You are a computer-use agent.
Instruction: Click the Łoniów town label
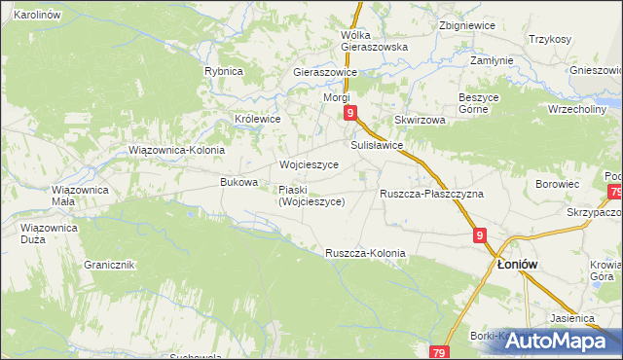point(519,264)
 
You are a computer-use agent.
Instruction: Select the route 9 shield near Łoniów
point(481,234)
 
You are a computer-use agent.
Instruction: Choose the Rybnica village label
point(223,71)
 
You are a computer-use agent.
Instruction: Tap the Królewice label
point(258,119)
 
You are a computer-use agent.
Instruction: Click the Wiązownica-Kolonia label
point(177,151)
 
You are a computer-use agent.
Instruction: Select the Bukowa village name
point(239,182)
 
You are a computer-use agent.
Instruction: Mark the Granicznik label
point(109,265)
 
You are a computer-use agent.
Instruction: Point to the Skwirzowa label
point(420,120)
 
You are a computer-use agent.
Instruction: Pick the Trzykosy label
point(549,39)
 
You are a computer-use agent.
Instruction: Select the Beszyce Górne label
point(478,104)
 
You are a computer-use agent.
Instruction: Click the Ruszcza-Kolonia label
point(365,253)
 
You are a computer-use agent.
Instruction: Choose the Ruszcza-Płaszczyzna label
point(431,194)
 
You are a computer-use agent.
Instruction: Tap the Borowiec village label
point(558,183)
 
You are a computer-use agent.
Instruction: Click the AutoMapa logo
point(563,341)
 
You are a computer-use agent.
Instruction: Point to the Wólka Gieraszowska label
point(374,40)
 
